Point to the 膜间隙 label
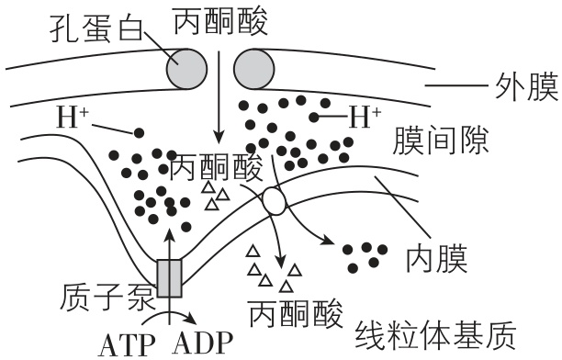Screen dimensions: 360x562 pyautogui.click(x=438, y=141)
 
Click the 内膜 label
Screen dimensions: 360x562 pyautogui.click(x=436, y=259)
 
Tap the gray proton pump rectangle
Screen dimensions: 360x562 pyautogui.click(x=170, y=279)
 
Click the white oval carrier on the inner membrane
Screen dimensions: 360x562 pyautogui.click(x=274, y=201)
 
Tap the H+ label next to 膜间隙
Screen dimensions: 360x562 pyautogui.click(x=365, y=118)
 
